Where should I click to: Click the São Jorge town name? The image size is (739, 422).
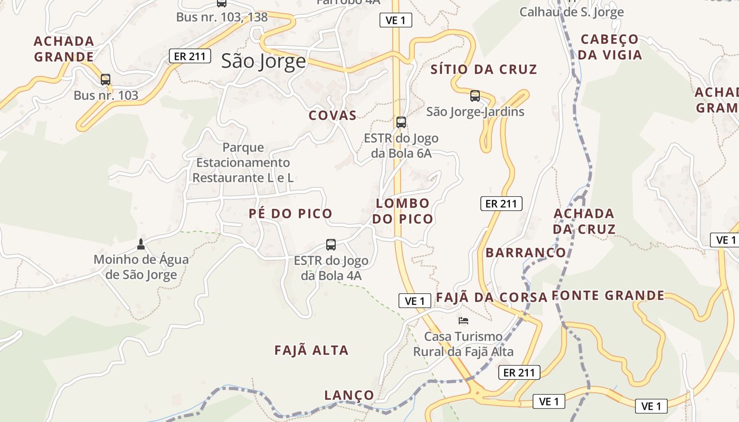(263, 61)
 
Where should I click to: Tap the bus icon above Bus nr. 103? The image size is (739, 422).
(106, 80)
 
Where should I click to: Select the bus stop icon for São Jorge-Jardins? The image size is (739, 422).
(475, 96)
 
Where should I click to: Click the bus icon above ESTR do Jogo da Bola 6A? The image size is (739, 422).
(401, 122)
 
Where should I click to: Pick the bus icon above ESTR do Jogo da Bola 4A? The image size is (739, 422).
(331, 245)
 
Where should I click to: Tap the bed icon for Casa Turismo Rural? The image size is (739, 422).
(463, 320)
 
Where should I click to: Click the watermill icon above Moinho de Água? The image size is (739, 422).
(140, 244)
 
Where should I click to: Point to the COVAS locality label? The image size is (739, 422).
(333, 116)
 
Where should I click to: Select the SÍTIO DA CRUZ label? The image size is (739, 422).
(484, 69)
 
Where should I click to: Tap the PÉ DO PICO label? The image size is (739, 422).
(290, 214)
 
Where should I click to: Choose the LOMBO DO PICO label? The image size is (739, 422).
(403, 211)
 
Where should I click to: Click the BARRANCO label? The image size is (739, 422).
(526, 253)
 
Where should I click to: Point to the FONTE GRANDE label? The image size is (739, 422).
(608, 295)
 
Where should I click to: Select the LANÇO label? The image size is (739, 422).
(349, 395)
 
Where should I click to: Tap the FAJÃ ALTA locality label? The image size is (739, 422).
(311, 350)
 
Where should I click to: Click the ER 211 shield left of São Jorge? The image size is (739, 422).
(190, 56)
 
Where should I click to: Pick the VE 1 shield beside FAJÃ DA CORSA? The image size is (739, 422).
(415, 301)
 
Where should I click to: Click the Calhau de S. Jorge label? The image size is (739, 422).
(572, 12)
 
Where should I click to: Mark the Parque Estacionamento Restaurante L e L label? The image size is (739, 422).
(243, 162)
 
